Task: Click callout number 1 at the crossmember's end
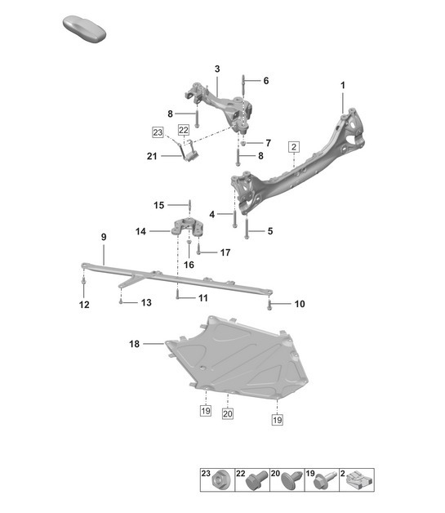click(x=343, y=85)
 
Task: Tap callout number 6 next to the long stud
click(x=265, y=80)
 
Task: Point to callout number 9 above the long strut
click(x=103, y=237)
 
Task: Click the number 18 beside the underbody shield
click(x=135, y=345)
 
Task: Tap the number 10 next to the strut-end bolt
click(x=300, y=304)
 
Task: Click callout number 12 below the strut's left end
click(x=84, y=305)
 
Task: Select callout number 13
click(x=145, y=303)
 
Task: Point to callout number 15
click(x=159, y=204)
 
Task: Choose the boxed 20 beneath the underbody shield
click(x=227, y=414)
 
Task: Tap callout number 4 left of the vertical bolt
click(x=211, y=214)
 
